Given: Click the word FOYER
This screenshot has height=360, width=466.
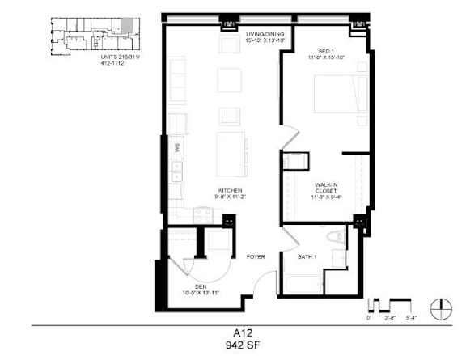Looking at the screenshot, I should pyautogui.click(x=256, y=256).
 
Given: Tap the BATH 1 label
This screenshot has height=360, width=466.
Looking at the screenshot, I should pyautogui.click(x=307, y=257).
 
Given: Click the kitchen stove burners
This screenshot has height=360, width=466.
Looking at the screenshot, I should pyautogui.click(x=203, y=214).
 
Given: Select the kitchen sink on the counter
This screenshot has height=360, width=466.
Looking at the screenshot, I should pyautogui.click(x=176, y=172).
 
